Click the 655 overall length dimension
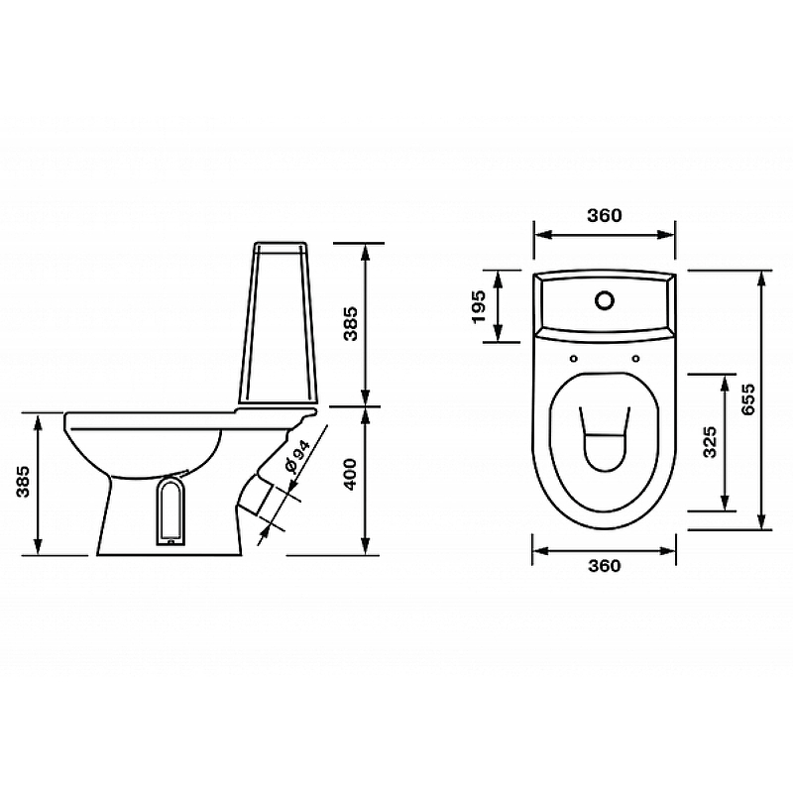(x=747, y=399)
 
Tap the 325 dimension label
(x=710, y=442)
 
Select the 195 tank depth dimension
(x=478, y=306)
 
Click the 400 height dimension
(x=350, y=474)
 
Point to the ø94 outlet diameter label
(x=296, y=456)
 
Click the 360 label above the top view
(x=605, y=215)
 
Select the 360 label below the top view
(x=605, y=565)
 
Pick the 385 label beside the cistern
(x=350, y=324)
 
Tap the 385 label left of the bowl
(x=23, y=482)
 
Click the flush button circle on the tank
(x=605, y=300)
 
